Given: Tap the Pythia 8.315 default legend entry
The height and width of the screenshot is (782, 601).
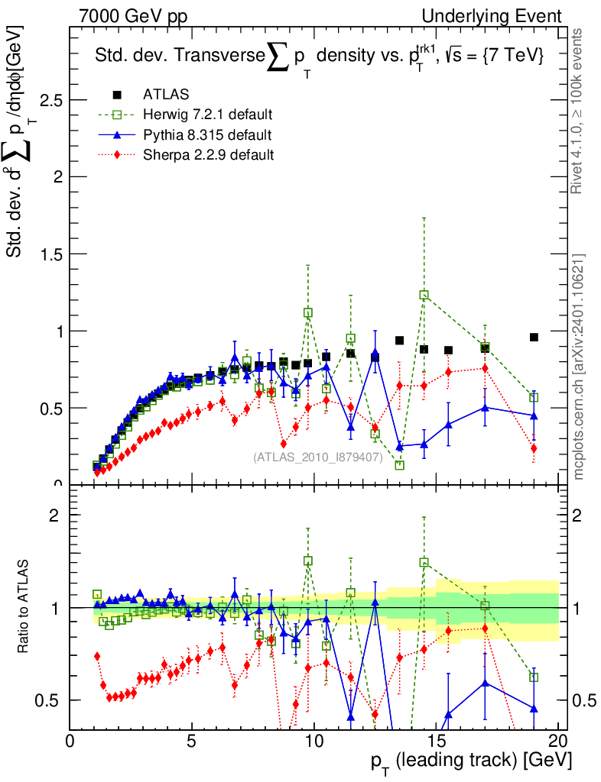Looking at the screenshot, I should [206, 135].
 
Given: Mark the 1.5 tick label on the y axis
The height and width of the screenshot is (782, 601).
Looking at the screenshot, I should [49, 254].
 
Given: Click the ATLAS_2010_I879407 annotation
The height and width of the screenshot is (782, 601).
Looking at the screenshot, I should [317, 457].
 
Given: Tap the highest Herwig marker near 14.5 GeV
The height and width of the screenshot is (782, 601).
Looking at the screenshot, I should [424, 295].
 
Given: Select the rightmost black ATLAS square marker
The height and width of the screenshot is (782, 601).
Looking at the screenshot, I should [534, 337].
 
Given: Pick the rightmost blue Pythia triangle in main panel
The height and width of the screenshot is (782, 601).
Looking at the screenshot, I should [534, 415].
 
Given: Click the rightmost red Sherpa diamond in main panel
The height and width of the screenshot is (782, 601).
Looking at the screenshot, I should [534, 448].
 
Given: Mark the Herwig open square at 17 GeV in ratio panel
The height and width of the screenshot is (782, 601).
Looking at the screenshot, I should [485, 606].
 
